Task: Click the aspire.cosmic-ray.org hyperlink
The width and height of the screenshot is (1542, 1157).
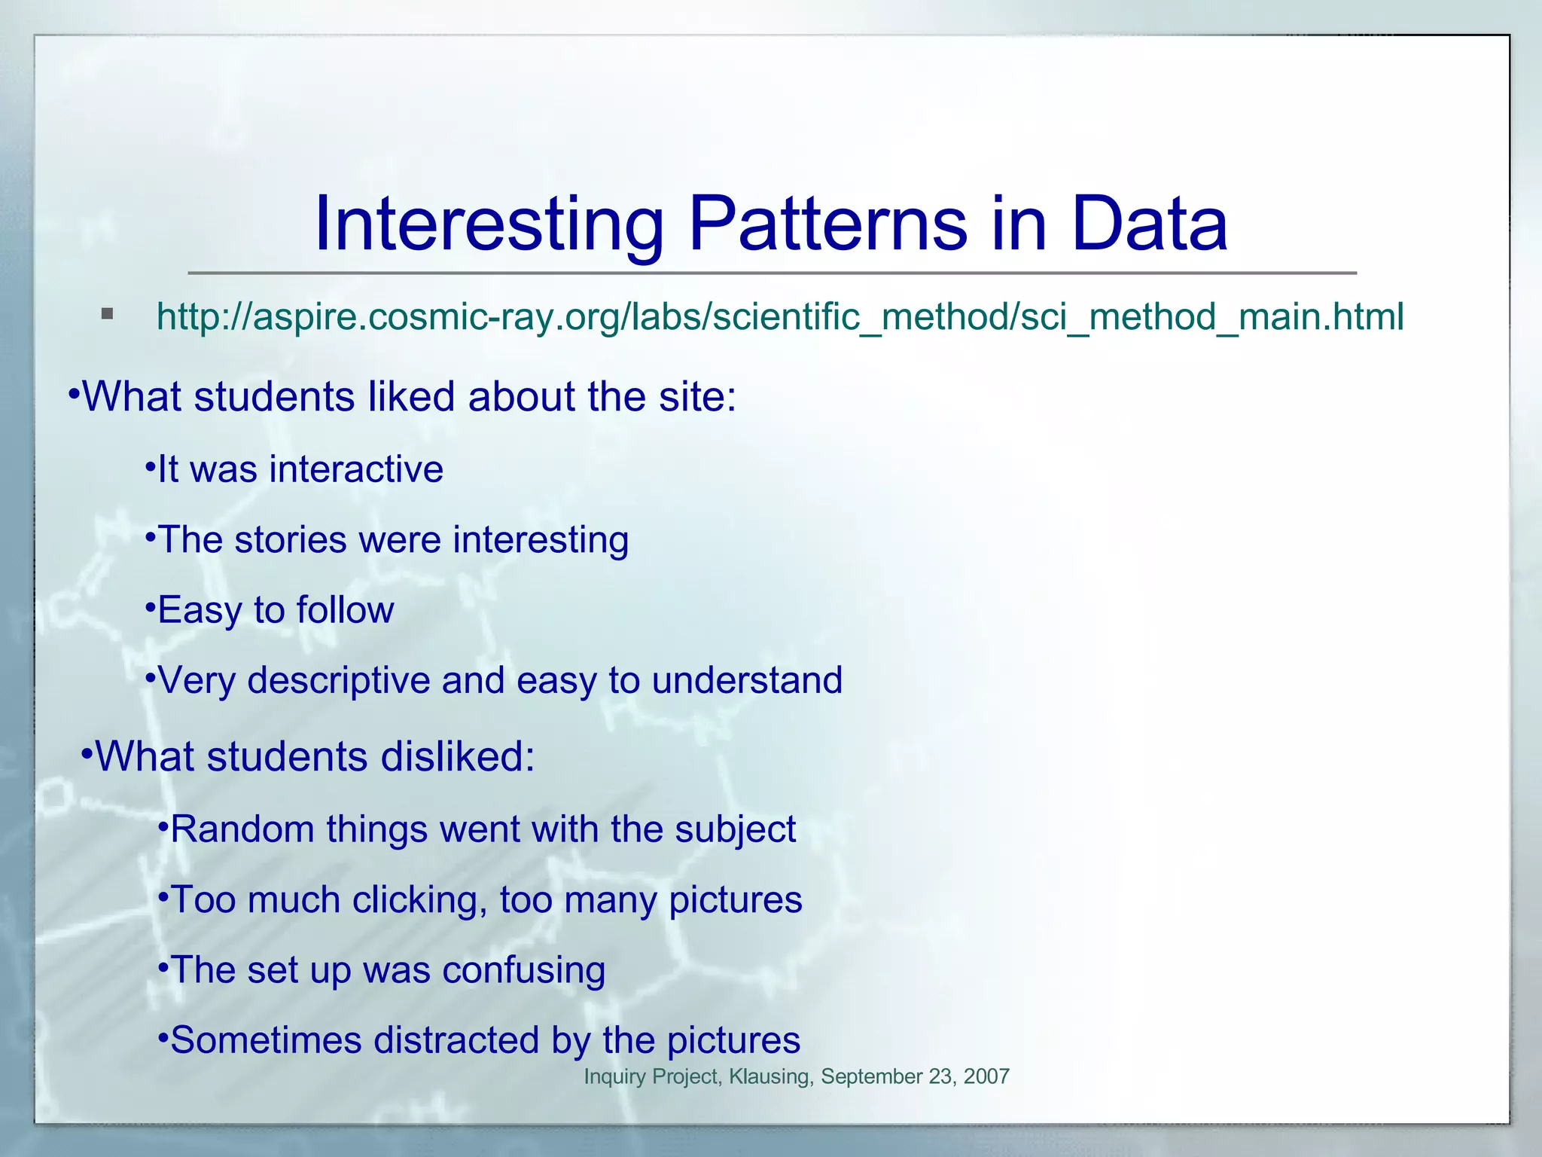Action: click(x=779, y=316)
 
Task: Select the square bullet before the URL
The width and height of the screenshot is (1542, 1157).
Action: click(x=107, y=313)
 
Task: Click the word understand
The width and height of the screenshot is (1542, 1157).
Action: click(x=747, y=680)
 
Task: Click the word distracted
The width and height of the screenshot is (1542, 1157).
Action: click(x=456, y=1040)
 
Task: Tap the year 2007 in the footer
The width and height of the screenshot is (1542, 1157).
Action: click(x=986, y=1076)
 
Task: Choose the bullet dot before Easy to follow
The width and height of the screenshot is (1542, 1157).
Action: click(x=150, y=606)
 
